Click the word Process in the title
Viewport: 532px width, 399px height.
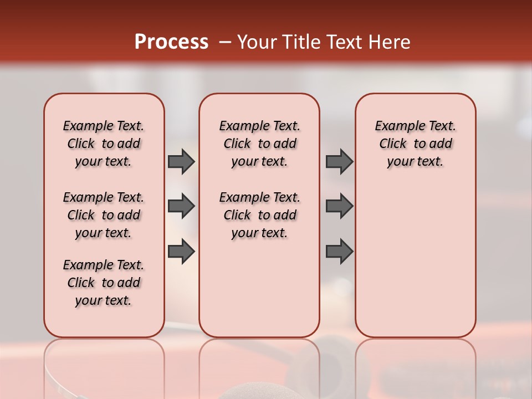point(171,42)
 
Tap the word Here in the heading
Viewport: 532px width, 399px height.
point(390,42)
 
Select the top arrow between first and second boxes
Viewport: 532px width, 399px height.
point(181,162)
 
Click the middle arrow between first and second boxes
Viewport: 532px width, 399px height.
point(181,207)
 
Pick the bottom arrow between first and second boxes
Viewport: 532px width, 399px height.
point(181,251)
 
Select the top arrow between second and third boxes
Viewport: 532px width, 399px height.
point(339,162)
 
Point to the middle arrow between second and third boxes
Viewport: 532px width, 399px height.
point(339,207)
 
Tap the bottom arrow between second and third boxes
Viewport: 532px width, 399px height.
point(339,251)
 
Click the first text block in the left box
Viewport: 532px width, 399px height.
point(104,144)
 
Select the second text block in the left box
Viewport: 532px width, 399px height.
point(104,215)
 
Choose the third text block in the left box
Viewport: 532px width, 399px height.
point(104,283)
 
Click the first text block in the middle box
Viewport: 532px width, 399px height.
point(259,144)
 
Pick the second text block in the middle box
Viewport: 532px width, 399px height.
point(259,215)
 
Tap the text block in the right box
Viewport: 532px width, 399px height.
point(415,144)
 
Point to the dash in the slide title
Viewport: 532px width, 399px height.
point(225,42)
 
